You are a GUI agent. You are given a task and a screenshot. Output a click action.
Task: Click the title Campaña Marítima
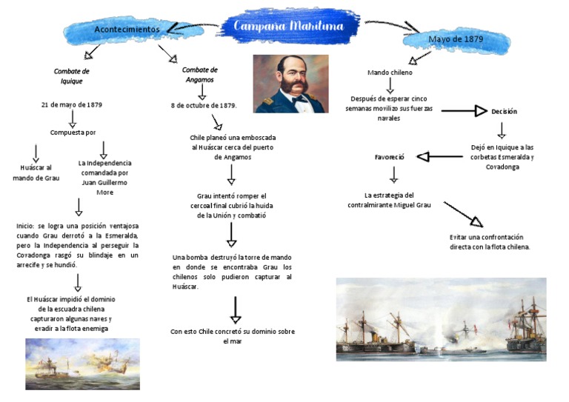click(289, 27)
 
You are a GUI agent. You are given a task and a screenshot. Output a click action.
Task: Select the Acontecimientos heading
click(127, 29)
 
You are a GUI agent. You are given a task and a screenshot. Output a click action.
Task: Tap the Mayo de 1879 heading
click(456, 38)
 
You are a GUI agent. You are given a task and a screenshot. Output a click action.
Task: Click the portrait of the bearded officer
click(290, 83)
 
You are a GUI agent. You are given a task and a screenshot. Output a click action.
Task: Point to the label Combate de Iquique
click(71, 76)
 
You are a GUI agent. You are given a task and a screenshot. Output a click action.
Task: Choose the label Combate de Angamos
click(199, 75)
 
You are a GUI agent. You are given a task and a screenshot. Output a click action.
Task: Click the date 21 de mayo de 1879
click(72, 104)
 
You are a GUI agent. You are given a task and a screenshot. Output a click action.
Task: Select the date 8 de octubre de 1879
click(204, 105)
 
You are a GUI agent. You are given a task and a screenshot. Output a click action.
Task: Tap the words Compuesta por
click(73, 133)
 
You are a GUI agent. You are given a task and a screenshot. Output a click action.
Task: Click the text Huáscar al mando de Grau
click(36, 172)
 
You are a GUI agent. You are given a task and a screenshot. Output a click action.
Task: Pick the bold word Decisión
click(504, 111)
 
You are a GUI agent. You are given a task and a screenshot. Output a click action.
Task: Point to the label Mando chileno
click(390, 73)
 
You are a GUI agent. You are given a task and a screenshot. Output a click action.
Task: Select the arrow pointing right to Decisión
click(464, 111)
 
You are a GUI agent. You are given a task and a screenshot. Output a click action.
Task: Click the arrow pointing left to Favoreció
click(442, 156)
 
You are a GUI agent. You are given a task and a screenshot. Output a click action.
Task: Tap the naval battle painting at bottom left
click(82, 363)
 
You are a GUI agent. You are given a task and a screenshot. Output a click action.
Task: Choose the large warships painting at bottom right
click(441, 319)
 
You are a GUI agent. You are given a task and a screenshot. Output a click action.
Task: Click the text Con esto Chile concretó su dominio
click(232, 336)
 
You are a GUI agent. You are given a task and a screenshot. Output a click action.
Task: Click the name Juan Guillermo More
click(104, 187)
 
